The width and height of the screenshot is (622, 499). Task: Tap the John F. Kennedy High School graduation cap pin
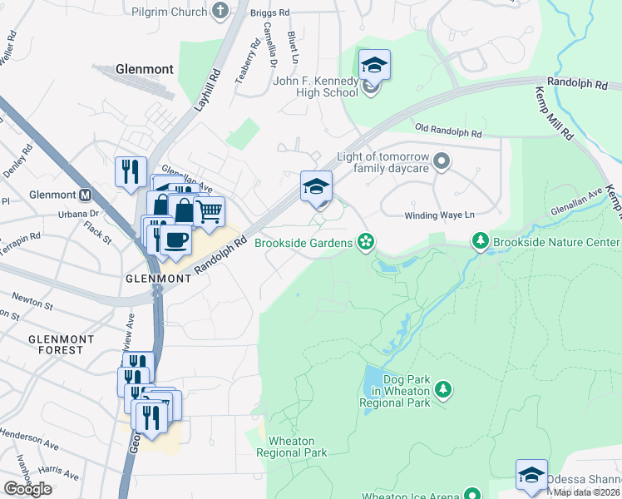374,66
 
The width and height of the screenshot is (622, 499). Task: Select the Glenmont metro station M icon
84,195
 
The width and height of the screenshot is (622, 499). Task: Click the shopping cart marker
209,210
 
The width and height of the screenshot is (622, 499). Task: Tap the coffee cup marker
175,241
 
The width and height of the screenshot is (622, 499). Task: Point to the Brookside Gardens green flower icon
364,242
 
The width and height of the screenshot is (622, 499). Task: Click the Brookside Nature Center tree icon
480,242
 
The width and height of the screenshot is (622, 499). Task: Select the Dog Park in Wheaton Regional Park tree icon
443,389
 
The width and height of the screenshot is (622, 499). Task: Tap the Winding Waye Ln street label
439,215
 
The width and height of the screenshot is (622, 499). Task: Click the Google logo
27,488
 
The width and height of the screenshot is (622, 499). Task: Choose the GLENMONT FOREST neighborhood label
57,344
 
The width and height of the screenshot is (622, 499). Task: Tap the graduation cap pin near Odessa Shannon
531,475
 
